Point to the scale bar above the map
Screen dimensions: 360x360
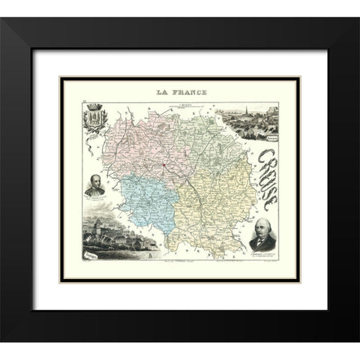point(179,102)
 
